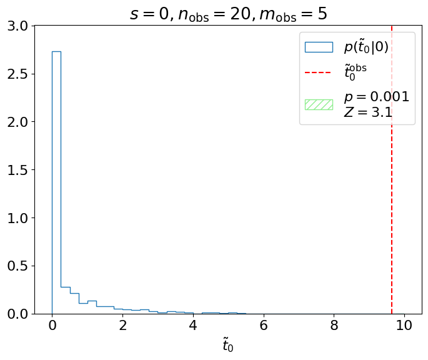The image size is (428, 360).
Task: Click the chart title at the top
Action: tap(228, 13)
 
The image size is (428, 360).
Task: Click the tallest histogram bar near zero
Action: tap(56, 181)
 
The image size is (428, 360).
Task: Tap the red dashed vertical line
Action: tap(392, 187)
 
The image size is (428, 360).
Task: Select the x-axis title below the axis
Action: tap(228, 344)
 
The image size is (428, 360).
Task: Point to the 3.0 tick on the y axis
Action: tap(19, 26)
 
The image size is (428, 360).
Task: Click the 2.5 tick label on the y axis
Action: tap(19, 74)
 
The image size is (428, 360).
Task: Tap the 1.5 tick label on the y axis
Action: tap(19, 170)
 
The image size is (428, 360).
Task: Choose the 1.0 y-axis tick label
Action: tap(19, 218)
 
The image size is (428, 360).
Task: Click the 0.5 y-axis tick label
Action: tap(19, 266)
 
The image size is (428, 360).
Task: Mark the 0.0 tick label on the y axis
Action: tap(19, 314)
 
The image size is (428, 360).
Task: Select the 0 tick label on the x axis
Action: tap(52, 326)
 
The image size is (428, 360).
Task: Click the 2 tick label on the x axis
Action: tap(123, 326)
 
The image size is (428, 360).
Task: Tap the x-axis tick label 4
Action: tap(193, 326)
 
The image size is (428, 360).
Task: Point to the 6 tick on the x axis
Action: tap(264, 326)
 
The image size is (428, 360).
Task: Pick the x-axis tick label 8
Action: tap(334, 326)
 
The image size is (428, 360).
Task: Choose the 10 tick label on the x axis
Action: tap(404, 326)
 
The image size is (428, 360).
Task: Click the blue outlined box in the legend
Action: tap(319, 47)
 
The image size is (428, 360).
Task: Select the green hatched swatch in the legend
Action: tap(319, 104)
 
